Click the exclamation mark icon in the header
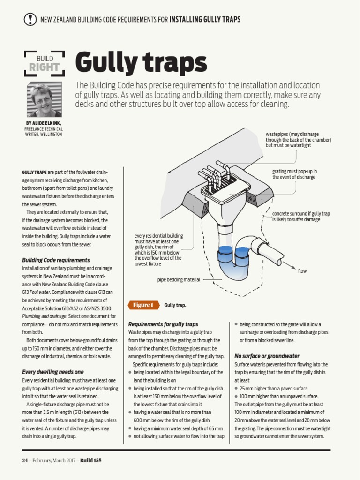point(30,19)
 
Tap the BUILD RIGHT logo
point(44,63)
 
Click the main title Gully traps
point(141,63)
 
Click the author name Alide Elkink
point(44,123)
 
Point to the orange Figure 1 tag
point(143,305)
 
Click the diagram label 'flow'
point(302,271)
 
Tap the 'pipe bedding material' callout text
point(179,280)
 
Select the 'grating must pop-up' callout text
point(294,174)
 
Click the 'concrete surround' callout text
point(301,216)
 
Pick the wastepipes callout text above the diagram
point(298,140)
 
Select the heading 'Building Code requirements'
point(56,260)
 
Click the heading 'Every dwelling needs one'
point(53,372)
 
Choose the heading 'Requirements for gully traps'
point(163,324)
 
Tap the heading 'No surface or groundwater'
point(267,356)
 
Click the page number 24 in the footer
point(25,460)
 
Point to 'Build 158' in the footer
point(90,460)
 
